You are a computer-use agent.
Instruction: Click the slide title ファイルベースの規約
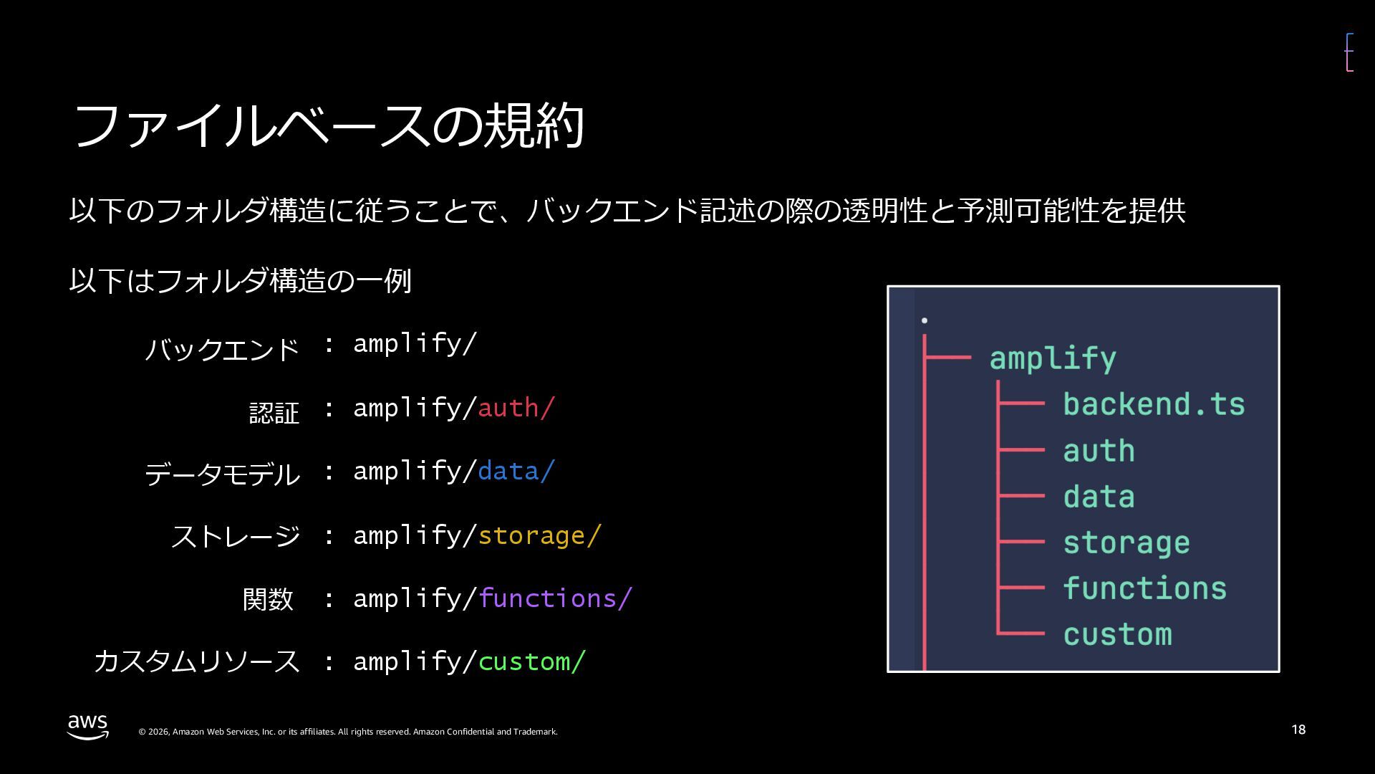(329, 126)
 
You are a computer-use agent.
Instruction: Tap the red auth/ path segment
(516, 408)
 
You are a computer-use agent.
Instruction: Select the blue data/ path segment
(516, 471)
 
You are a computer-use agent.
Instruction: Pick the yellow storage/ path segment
(539, 535)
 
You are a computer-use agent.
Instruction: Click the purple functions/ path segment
(555, 598)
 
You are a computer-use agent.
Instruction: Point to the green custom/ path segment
(531, 661)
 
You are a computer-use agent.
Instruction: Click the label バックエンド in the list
(222, 350)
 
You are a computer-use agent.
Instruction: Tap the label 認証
(274, 413)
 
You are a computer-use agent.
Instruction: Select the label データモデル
(222, 474)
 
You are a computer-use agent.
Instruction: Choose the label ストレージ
(236, 536)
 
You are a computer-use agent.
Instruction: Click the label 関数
(268, 599)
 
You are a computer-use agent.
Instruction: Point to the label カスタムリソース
(196, 661)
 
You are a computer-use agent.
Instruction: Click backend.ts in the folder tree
(1154, 404)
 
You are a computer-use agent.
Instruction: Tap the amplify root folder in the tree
(1052, 358)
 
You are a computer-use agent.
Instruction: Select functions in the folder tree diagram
(1144, 588)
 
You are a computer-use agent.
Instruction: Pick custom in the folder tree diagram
(1117, 635)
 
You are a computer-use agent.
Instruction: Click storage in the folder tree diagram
(1126, 543)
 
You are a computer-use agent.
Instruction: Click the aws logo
(88, 726)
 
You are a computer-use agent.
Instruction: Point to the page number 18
(1298, 730)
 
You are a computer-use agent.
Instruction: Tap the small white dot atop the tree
(925, 320)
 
